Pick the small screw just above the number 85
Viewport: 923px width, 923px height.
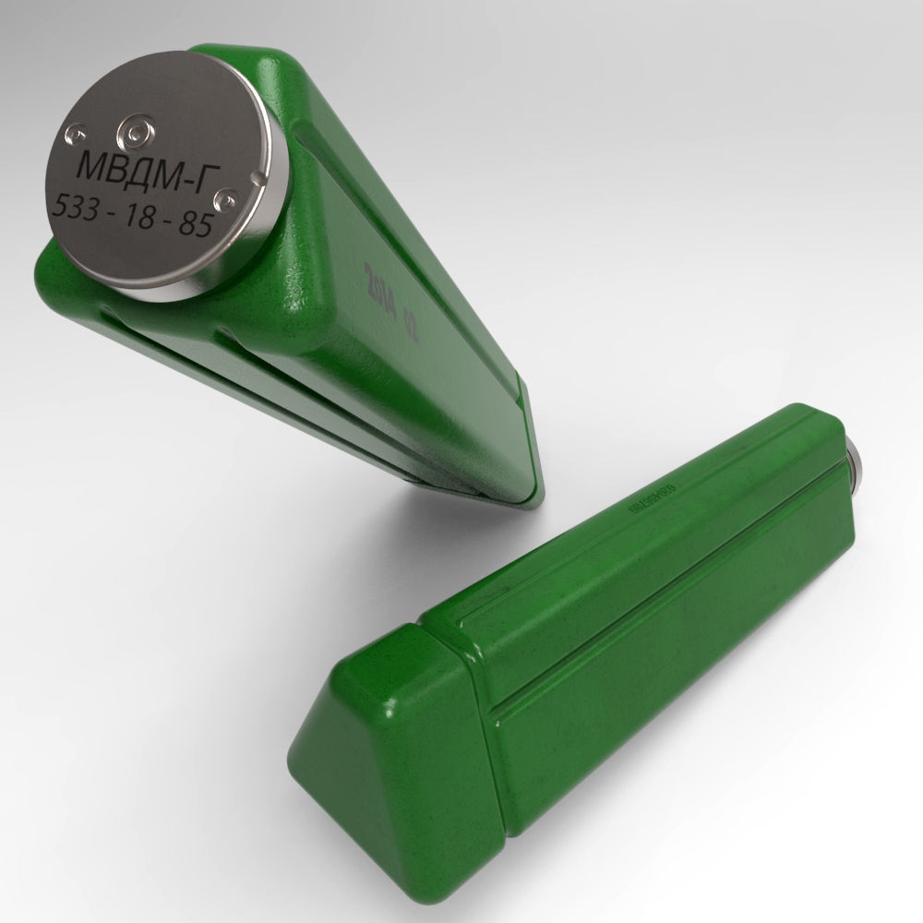point(222,198)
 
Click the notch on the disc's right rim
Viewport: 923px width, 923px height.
point(262,173)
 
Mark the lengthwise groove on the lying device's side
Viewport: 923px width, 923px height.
point(646,637)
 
